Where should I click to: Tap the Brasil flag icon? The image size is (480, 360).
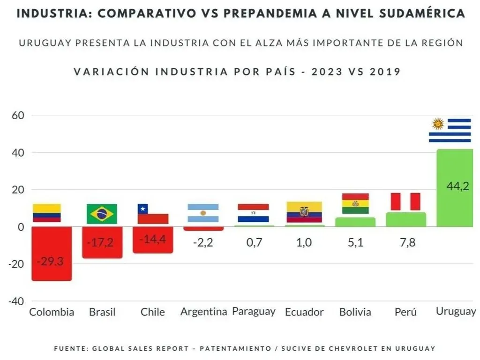click(102, 214)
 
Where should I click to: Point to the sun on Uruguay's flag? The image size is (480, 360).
click(438, 124)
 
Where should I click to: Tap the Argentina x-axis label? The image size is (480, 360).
click(203, 312)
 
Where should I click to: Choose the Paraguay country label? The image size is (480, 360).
click(254, 311)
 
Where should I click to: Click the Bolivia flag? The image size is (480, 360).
click(355, 203)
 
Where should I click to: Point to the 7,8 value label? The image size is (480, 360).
click(405, 243)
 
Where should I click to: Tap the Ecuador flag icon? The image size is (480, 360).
click(304, 212)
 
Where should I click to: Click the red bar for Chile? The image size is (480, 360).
click(152, 240)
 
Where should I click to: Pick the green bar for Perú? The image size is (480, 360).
click(406, 219)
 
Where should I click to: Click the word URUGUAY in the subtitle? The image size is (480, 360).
click(45, 43)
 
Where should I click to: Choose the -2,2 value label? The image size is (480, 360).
click(203, 243)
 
